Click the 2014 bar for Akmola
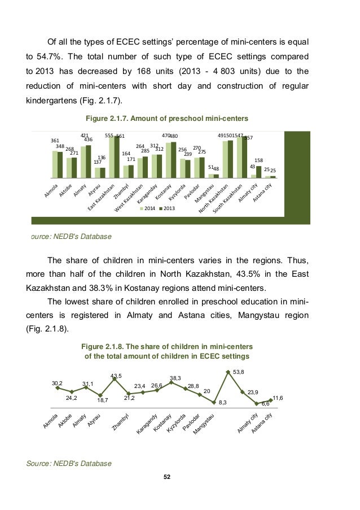click(55, 164)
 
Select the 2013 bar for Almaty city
click(259, 172)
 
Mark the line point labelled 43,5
click(115, 378)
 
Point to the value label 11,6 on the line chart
click(278, 398)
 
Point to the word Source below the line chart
click(36, 463)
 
